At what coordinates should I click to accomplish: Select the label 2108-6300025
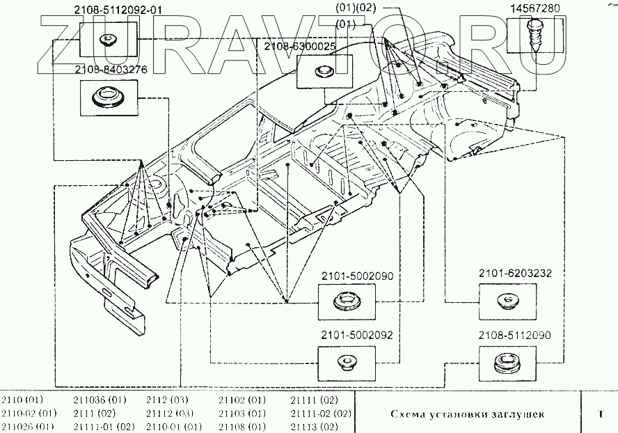tap(300, 46)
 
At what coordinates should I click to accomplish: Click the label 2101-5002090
tap(357, 276)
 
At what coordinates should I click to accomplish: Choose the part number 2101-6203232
tap(514, 274)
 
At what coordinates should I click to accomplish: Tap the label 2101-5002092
tap(357, 335)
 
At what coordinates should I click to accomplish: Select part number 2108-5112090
tap(514, 335)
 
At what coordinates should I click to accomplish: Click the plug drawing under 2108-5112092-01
tap(109, 39)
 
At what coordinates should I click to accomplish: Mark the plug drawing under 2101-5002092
tap(346, 363)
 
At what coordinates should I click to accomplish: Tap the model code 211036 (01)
tap(100, 401)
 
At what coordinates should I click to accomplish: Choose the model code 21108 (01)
tap(241, 426)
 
